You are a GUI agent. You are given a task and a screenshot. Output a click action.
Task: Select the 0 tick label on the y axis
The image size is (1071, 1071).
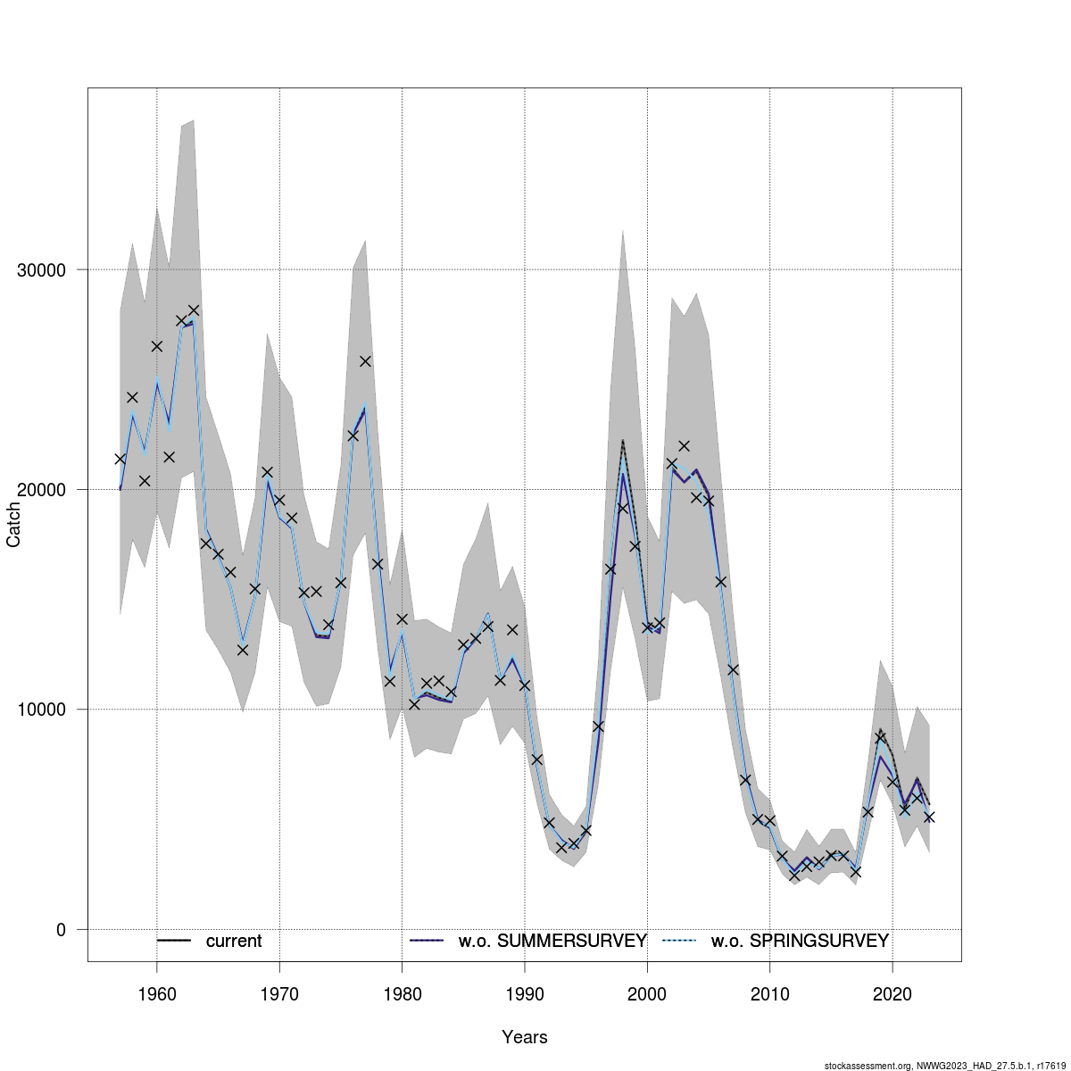coord(61,930)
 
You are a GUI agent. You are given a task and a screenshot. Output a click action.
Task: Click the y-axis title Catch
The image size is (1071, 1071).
coord(14,525)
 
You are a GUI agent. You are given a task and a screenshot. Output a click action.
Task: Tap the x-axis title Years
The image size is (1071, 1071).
coord(525,1037)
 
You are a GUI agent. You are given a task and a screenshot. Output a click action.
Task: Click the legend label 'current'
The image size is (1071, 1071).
coord(234,942)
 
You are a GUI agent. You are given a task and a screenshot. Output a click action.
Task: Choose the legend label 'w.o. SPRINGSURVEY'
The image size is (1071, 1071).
coord(800,942)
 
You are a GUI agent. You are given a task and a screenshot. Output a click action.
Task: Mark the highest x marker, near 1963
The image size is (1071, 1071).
coord(194,311)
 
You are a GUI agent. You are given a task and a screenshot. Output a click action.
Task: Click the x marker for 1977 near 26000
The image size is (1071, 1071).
coord(365,361)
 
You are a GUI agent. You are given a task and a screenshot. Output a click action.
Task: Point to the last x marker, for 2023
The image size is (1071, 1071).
coord(929,817)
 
